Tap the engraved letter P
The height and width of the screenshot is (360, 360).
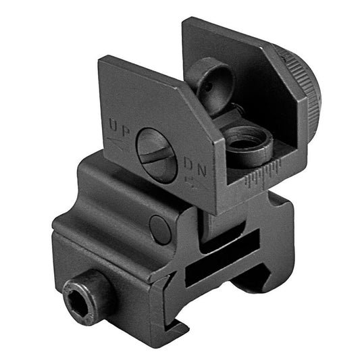(126, 128)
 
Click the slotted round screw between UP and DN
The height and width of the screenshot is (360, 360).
(157, 155)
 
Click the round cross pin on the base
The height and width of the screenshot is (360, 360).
(161, 230)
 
